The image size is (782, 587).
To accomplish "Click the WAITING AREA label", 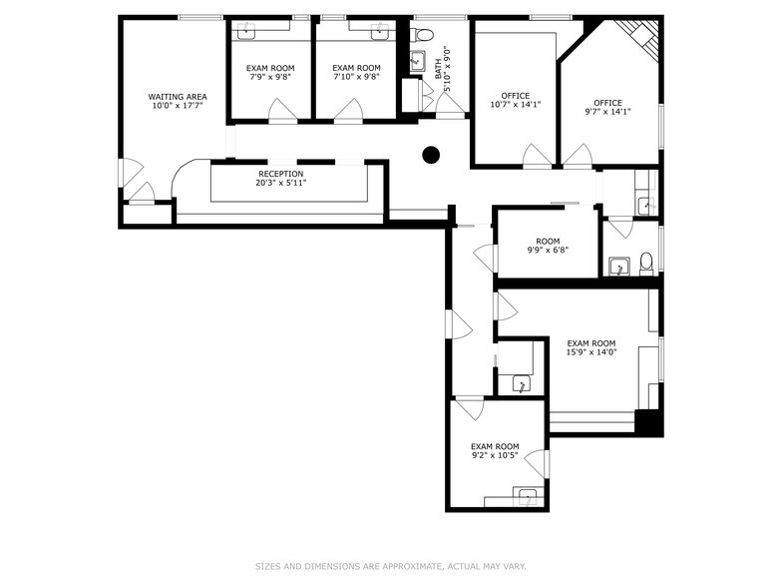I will pos(178,96).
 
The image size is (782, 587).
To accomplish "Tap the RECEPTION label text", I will pos(281,173).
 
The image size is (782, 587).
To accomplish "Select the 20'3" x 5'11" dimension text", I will pos(281,183).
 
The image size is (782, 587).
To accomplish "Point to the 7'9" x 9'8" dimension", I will pos(270,77).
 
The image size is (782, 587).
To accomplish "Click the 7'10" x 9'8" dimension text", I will pos(356,77).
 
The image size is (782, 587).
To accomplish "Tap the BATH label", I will pos(438,68).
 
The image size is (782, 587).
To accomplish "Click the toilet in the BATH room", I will pos(423,35).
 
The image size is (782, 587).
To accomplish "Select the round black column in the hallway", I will pos(431,155).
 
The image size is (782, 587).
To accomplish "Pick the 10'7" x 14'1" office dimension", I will pos(515,105).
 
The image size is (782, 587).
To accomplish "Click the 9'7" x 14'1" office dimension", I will pos(607,112).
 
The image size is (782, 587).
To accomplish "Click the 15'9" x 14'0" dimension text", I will pos(591,352).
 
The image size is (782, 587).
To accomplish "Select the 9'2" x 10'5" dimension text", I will pos(495,455).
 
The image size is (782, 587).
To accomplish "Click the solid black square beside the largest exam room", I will pos(649,423).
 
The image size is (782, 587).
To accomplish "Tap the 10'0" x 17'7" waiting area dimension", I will pos(178,106).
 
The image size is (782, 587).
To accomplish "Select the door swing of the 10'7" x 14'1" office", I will pos(538,156).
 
